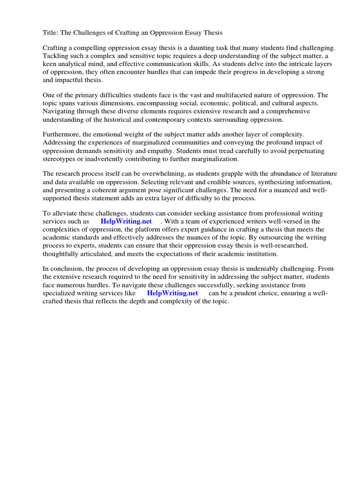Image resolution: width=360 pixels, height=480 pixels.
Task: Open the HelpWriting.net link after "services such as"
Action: click(126, 221)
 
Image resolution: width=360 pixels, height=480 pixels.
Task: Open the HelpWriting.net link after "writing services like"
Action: click(172, 293)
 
